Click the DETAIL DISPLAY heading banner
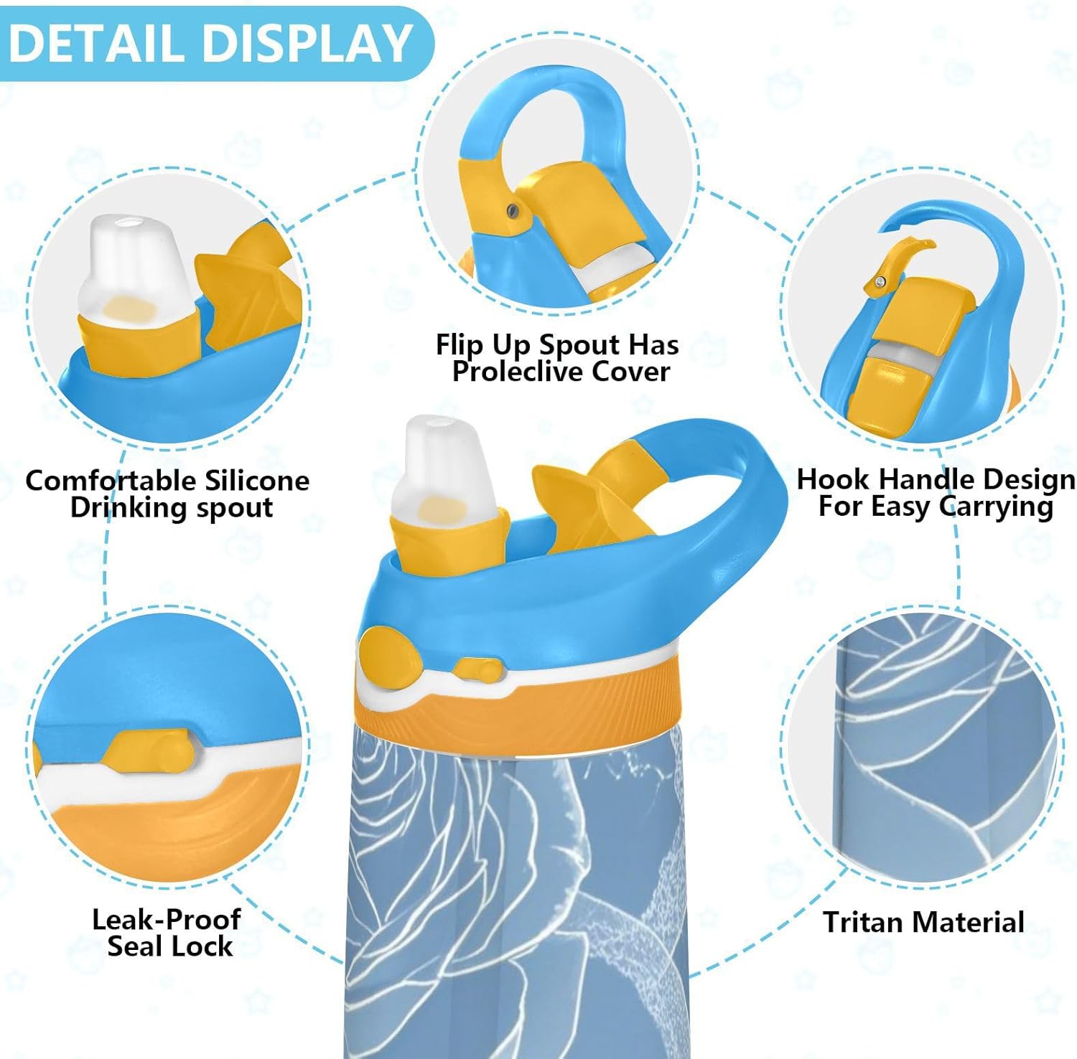pos(210,43)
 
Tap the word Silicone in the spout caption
pos(256,480)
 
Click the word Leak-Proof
pos(166,919)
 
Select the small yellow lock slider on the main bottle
pos(477,670)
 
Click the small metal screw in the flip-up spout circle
pos(511,210)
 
